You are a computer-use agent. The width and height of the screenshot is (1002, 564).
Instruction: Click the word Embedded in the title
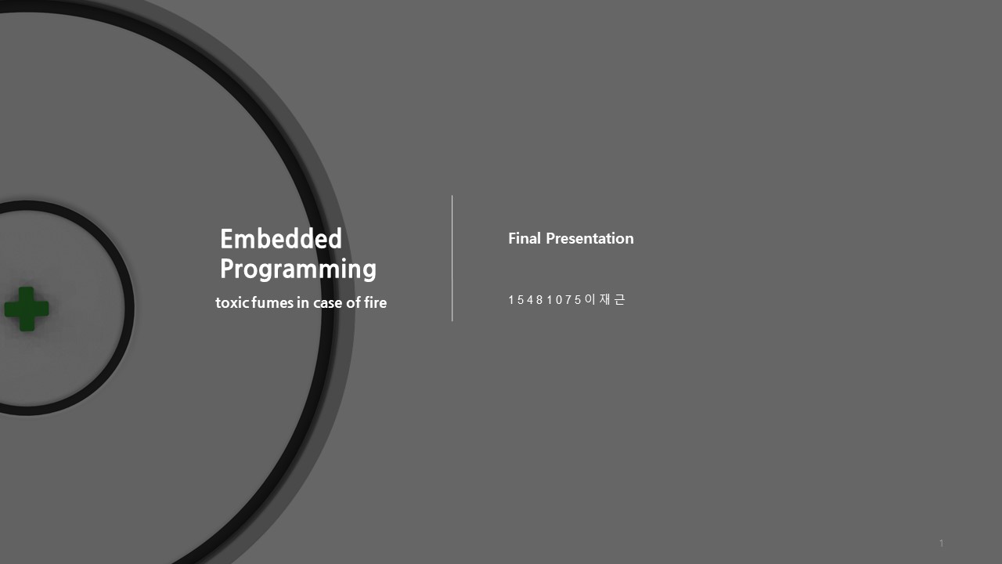281,239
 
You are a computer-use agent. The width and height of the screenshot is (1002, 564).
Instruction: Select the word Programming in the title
298,269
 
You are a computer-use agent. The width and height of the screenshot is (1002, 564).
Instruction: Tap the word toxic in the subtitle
232,302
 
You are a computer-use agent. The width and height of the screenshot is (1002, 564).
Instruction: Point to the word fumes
272,302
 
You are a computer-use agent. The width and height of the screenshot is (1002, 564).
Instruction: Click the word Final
524,238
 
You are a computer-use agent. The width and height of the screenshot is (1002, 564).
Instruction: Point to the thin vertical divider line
452,258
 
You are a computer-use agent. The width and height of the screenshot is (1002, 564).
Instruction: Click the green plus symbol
27,309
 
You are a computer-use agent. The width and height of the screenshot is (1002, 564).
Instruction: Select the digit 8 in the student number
539,300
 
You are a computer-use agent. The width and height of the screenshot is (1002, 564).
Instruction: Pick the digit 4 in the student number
530,300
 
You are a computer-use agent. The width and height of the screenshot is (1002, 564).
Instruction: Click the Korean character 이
590,299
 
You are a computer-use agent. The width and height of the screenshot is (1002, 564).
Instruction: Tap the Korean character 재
604,299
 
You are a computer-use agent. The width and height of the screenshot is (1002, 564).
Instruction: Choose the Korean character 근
619,299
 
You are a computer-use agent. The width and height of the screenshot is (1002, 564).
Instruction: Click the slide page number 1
941,543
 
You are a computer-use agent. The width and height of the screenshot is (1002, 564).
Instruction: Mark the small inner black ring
128,308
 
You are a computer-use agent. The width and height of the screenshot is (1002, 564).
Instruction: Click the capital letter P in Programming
227,269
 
